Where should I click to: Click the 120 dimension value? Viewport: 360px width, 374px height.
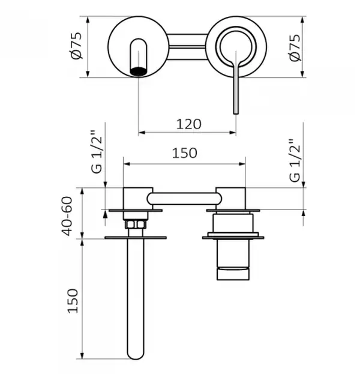click(188, 124)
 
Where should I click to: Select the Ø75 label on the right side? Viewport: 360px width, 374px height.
click(295, 47)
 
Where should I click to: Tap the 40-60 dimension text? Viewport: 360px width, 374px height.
click(67, 216)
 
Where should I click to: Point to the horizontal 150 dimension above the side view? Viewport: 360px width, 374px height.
click(185, 153)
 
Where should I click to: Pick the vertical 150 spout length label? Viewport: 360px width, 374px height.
click(73, 301)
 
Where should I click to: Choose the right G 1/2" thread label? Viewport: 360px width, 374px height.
click(295, 160)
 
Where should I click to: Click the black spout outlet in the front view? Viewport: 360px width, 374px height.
click(138, 71)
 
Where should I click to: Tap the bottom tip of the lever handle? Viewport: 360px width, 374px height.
click(236, 113)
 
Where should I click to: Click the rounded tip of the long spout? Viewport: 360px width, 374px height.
click(136, 356)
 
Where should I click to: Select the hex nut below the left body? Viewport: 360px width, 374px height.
click(136, 225)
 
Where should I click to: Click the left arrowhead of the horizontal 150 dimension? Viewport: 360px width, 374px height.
click(127, 164)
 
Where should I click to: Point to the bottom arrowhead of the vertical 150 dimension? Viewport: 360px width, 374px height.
click(82, 355)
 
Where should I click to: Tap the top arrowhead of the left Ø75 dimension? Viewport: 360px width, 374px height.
click(88, 20)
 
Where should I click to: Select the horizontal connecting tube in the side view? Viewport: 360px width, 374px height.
click(184, 199)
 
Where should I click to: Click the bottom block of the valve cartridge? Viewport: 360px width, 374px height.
click(233, 273)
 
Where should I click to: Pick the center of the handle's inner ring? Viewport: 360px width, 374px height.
click(236, 46)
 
